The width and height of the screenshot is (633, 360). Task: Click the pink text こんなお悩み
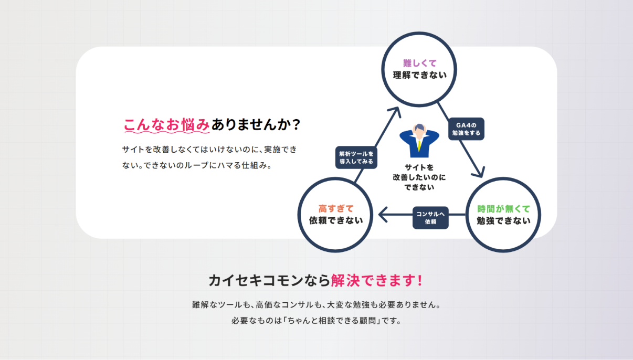166,125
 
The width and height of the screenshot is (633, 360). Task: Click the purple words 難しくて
419,63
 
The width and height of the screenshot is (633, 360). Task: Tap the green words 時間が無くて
503,209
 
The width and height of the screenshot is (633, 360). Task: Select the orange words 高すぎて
336,209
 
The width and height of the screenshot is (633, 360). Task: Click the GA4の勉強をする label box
466,129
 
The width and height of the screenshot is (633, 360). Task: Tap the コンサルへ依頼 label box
430,218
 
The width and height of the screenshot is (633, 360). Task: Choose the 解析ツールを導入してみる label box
356,157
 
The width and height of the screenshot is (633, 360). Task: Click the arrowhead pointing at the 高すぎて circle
383,215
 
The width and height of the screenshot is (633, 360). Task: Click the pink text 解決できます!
376,281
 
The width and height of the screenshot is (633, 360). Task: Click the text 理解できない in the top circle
419,75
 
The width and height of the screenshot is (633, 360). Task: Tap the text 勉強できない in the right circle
503,221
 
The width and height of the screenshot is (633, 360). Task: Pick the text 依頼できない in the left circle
336,220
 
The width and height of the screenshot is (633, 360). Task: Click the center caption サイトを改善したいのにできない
419,177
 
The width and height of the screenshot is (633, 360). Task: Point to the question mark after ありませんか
297,125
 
